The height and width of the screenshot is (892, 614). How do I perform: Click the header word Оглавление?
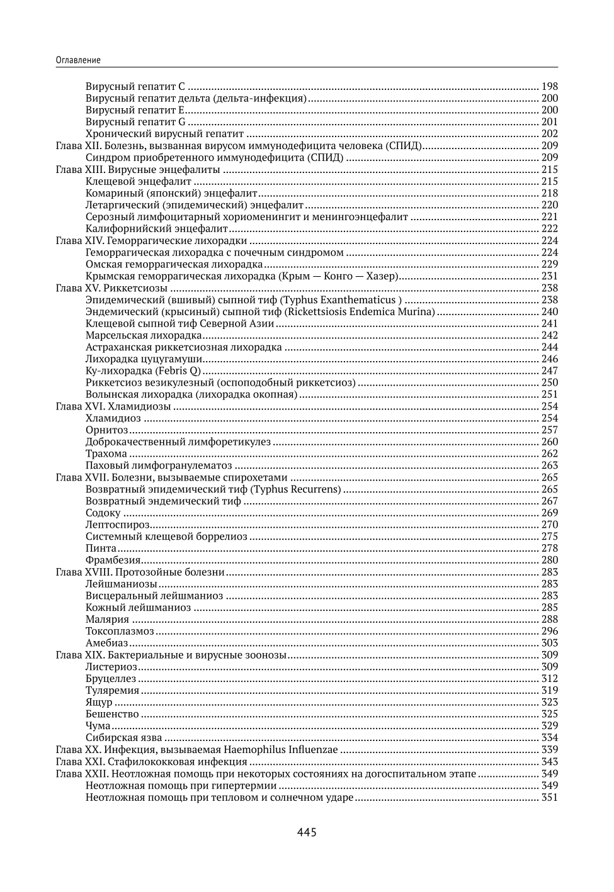point(78,60)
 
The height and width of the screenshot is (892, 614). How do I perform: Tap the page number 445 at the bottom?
point(307,832)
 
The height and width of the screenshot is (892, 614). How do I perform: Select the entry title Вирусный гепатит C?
point(135,86)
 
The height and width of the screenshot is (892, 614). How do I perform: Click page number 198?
point(549,86)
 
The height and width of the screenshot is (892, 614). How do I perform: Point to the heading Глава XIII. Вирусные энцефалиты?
point(138,169)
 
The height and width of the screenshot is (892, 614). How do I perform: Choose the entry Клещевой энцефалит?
point(139,181)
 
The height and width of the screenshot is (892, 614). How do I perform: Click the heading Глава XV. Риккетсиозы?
point(112,287)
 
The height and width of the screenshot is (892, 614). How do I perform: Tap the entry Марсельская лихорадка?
point(144,335)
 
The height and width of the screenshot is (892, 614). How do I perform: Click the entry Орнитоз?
point(106,430)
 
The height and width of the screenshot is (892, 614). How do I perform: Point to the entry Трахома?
point(106,454)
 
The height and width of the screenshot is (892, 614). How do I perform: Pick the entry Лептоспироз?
point(118,525)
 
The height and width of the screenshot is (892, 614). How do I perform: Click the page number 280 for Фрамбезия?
point(549,560)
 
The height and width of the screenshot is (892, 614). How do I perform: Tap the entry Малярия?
point(107,619)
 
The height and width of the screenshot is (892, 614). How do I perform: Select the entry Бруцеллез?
point(111,678)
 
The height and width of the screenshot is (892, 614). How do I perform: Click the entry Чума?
point(98,725)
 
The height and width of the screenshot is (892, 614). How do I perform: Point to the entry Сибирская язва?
point(124,737)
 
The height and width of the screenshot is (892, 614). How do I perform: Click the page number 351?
point(549,797)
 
